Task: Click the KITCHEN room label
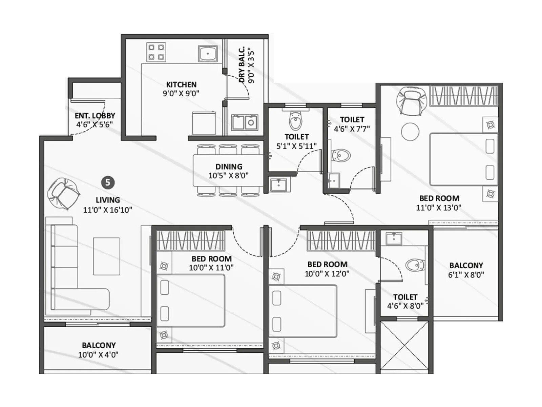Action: pyautogui.click(x=181, y=84)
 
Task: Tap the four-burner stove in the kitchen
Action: pyautogui.click(x=156, y=52)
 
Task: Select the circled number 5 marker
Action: pyautogui.click(x=108, y=182)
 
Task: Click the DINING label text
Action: pyautogui.click(x=229, y=167)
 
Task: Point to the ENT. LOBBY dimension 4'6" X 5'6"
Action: pyautogui.click(x=95, y=124)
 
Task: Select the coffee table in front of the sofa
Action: pyautogui.click(x=106, y=256)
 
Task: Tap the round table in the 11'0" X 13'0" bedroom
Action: pyautogui.click(x=410, y=131)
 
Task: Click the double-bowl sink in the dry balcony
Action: pyautogui.click(x=245, y=122)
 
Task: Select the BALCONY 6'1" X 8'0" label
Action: pyautogui.click(x=466, y=270)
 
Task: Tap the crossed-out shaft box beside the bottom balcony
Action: pyautogui.click(x=404, y=346)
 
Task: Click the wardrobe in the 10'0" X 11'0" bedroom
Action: pyautogui.click(x=191, y=240)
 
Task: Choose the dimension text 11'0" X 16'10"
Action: pyautogui.click(x=107, y=210)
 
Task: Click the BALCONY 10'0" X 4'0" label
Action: pyautogui.click(x=99, y=350)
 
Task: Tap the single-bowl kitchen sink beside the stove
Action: pyautogui.click(x=208, y=53)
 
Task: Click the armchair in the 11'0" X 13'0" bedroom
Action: pyautogui.click(x=412, y=100)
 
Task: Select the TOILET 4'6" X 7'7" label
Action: pyautogui.click(x=352, y=124)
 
